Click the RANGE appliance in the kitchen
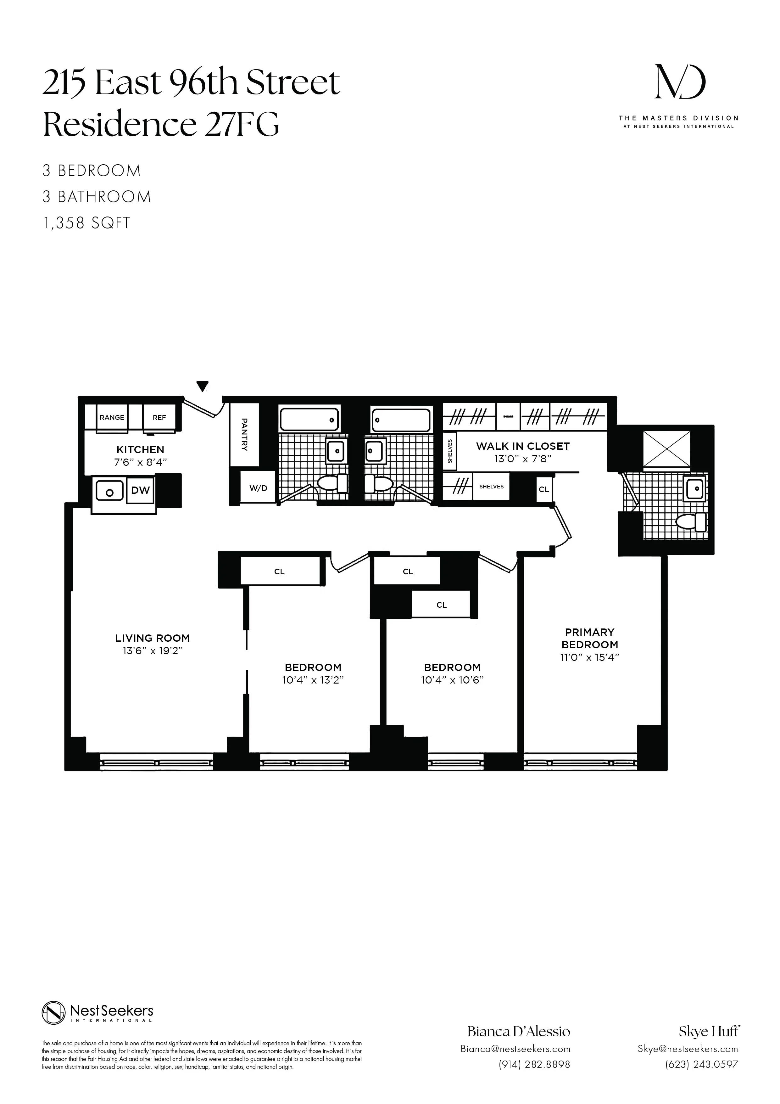click(x=112, y=417)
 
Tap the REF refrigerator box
click(x=159, y=417)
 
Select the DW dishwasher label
click(x=140, y=490)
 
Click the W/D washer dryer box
click(x=258, y=488)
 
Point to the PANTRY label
click(x=244, y=435)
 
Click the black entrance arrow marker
click(x=203, y=386)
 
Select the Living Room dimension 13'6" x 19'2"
click(x=152, y=651)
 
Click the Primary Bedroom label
click(x=590, y=638)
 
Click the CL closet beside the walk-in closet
click(x=543, y=489)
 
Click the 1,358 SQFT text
click(x=86, y=223)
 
